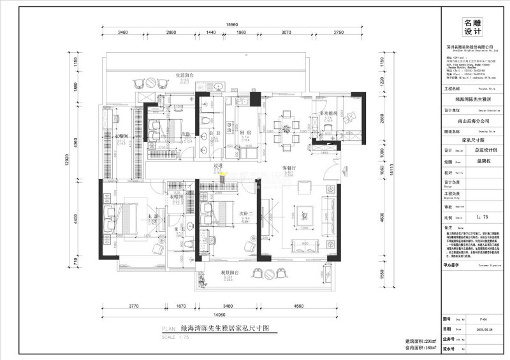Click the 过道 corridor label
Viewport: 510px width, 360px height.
coord(217,165)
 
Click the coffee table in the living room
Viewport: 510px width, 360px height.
coord(303,214)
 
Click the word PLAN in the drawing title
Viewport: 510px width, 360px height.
coord(168,328)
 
